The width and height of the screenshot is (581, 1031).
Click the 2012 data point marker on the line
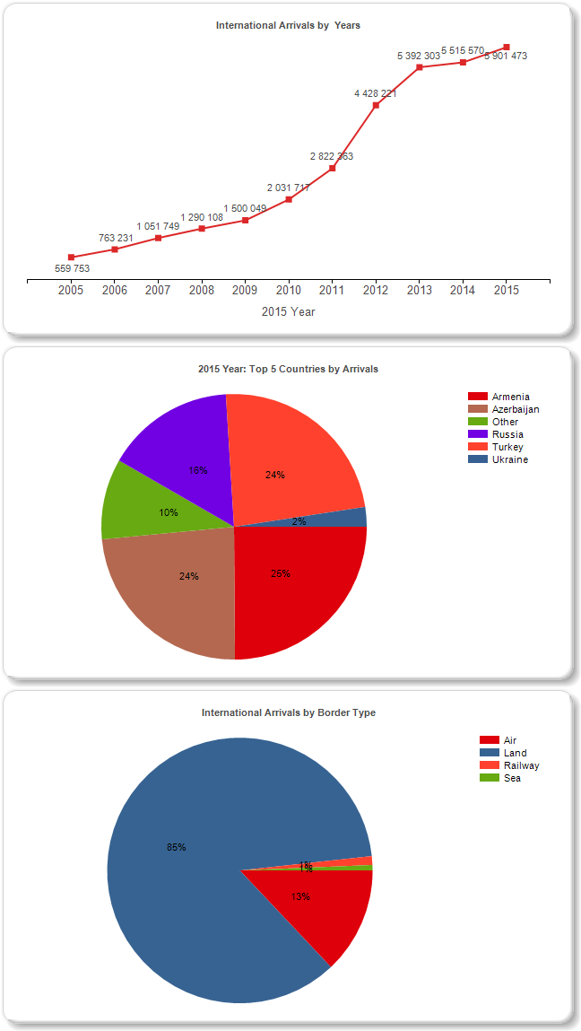[x=376, y=105]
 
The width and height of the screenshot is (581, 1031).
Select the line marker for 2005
[x=71, y=258]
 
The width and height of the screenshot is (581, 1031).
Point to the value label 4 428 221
[x=376, y=92]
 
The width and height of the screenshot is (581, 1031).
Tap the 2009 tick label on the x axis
[x=245, y=290]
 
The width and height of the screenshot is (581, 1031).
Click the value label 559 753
[x=72, y=268]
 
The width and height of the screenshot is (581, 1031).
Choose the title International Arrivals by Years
[x=288, y=25]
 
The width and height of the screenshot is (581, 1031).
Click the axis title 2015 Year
[x=288, y=312]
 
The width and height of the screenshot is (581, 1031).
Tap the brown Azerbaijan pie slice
[x=175, y=583]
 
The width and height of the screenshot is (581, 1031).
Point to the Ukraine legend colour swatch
[x=478, y=459]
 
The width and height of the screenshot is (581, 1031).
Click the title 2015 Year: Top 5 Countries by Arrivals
[x=288, y=369]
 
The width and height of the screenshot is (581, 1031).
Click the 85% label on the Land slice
[x=176, y=847]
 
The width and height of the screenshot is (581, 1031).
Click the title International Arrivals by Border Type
[x=288, y=712]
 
